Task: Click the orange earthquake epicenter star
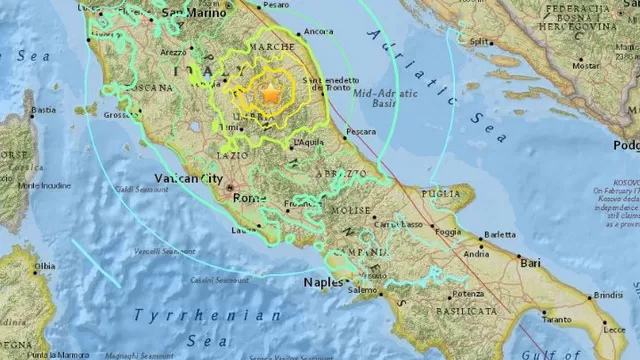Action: tap(270, 94)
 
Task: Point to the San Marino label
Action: tap(188, 13)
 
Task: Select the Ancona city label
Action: tap(319, 32)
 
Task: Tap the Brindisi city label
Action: tap(607, 297)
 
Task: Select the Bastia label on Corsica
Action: tap(43, 109)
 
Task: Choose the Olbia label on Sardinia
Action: tap(44, 266)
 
